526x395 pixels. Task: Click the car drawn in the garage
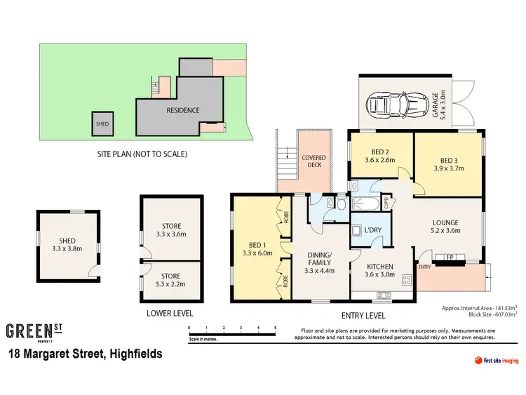396,104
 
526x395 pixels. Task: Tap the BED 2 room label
380,150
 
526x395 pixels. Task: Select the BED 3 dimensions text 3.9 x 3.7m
448,168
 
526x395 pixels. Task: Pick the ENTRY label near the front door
425,267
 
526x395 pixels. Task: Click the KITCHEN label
379,267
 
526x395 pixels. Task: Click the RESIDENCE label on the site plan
182,110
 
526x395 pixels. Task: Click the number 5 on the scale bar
276,328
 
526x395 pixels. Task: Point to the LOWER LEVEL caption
170,313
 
